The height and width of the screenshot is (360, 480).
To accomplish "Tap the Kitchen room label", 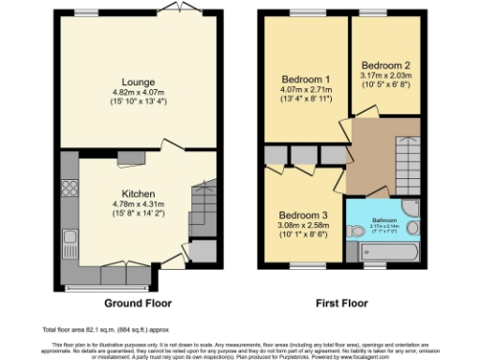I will [x=138, y=194].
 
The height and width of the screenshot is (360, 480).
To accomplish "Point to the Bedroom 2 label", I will [x=386, y=65].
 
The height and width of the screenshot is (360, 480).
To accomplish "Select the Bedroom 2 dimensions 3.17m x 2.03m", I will [x=386, y=75].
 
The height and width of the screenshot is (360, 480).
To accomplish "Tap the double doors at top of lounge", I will [x=173, y=8].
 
